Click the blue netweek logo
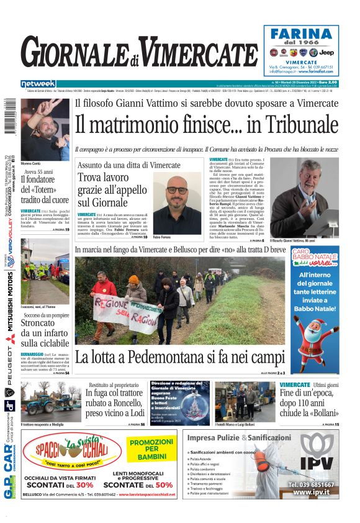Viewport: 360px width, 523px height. (x=38, y=83)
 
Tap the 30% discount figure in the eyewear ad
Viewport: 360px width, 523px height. (x=84, y=484)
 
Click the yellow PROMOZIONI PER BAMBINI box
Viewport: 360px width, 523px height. (x=151, y=448)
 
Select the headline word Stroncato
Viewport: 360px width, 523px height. (x=43, y=321)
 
